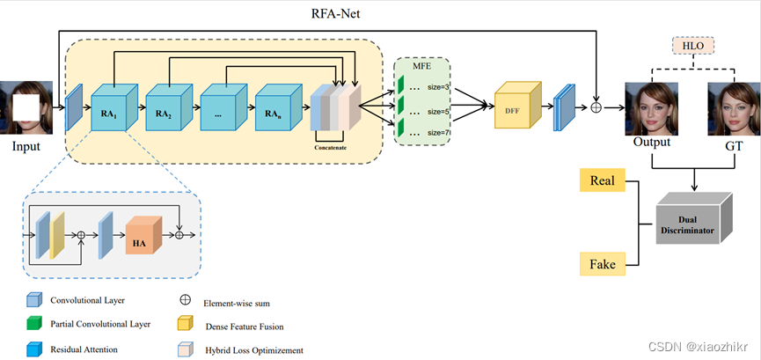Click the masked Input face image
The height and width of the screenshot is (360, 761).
point(26,107)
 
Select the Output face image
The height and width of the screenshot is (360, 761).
point(651,107)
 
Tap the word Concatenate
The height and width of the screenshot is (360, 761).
point(335,147)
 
